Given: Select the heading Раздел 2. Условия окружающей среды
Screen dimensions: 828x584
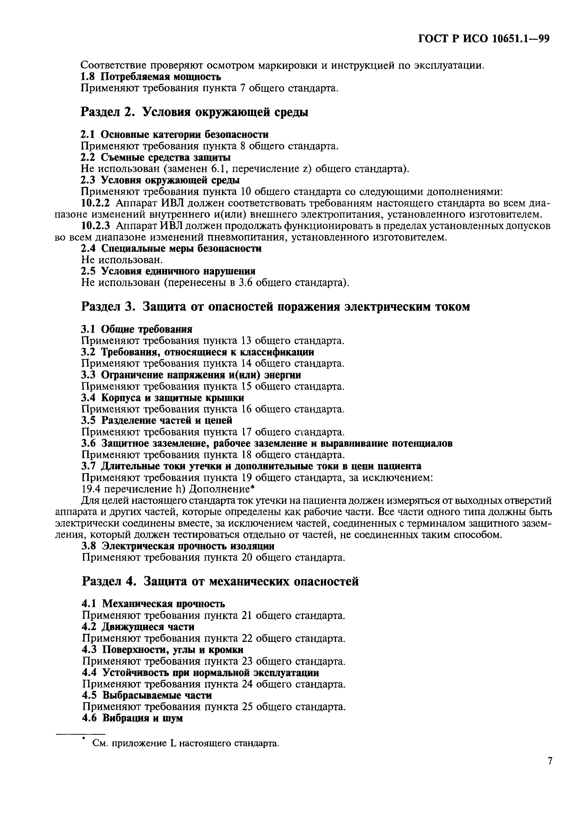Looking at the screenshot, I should tap(194, 112).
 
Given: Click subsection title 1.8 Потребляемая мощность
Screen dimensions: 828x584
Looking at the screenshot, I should tap(150, 77).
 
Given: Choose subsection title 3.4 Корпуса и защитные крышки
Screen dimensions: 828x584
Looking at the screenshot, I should tap(162, 398).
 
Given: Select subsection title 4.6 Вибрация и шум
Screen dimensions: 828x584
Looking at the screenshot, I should tap(133, 718).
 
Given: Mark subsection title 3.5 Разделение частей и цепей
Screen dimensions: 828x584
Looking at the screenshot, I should tap(157, 420).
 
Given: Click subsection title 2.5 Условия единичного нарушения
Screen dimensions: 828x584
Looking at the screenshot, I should tap(168, 271).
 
